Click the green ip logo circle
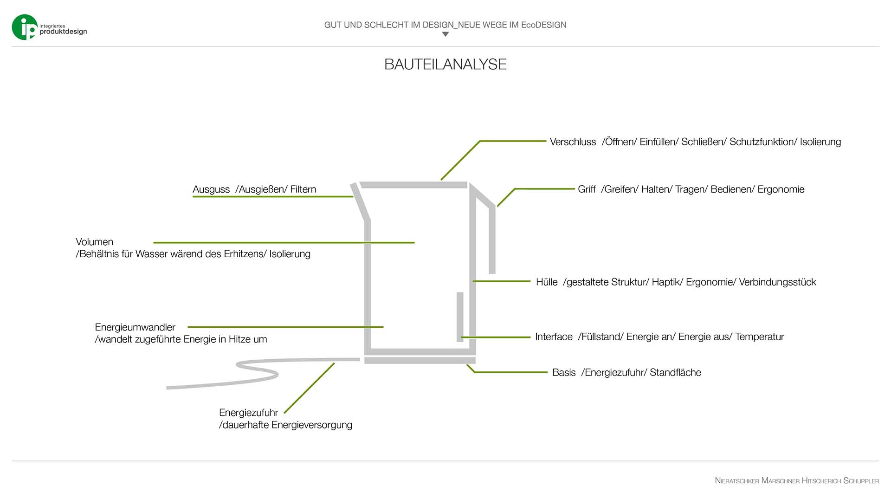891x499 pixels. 24,27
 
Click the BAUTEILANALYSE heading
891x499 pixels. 445,64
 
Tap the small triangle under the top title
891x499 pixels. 445,34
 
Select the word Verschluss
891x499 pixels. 573,142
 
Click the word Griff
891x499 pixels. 587,189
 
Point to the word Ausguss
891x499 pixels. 211,189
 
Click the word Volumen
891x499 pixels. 94,242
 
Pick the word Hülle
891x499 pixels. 547,282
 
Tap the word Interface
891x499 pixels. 554,337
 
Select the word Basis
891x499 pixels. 564,373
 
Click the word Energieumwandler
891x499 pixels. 135,327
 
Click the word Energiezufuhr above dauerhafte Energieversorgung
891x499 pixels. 248,413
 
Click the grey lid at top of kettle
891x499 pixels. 413,185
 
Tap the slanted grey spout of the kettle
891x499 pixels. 360,202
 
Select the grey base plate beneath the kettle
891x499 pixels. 420,361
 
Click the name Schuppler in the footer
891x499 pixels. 861,481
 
